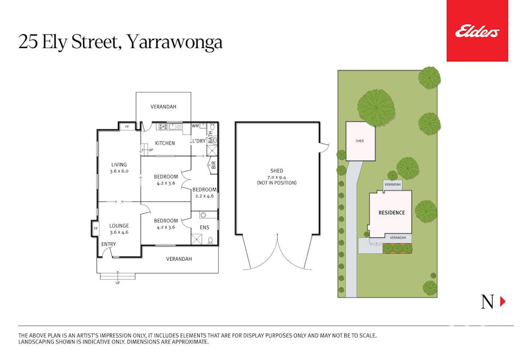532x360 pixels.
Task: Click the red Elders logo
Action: pos(477,31)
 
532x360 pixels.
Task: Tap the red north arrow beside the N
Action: pos(502,302)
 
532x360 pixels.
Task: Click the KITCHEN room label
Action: pos(165,143)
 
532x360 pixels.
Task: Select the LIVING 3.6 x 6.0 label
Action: pos(118,168)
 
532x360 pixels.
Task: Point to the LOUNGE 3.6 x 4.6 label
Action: pos(119,229)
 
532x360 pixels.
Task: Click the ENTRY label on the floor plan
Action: pos(109,244)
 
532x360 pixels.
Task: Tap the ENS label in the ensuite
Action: pos(205,228)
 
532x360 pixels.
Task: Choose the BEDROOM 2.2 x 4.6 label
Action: pos(205,193)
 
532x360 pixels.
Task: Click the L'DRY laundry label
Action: pos(198,141)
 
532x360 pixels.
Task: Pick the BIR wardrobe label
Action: pos(213,165)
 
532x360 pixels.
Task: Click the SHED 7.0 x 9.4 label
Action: pos(277,177)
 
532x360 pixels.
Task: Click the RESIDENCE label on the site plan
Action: pos(391,213)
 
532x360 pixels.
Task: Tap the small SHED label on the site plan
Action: pos(360,141)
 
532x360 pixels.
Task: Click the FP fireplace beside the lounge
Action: pos(95,229)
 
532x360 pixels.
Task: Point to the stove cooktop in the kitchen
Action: pos(163,127)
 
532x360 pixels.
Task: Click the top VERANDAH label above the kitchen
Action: pos(163,107)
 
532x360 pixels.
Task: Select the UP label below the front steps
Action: pos(117,283)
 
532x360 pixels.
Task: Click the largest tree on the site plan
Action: pos(375,107)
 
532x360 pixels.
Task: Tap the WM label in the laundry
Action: pos(195,126)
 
